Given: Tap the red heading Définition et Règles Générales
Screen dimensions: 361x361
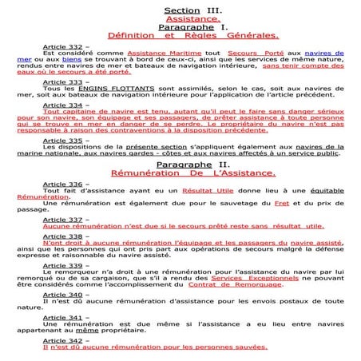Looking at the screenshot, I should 192,35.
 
